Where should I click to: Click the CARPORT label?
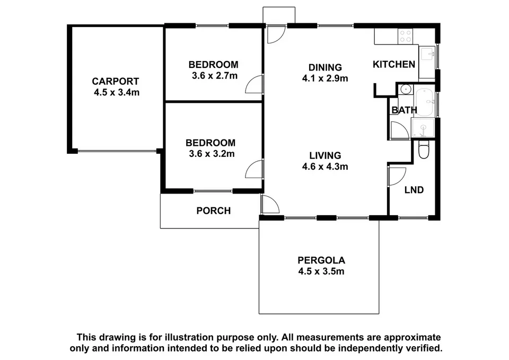115,81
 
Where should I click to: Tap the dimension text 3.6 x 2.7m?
213,75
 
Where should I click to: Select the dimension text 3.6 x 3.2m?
210,154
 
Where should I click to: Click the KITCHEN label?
394,65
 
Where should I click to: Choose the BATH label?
404,110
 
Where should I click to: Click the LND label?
414,190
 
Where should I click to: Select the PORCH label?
214,210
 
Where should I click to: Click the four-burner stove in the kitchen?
406,36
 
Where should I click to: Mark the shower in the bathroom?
424,127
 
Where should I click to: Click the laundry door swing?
396,175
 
